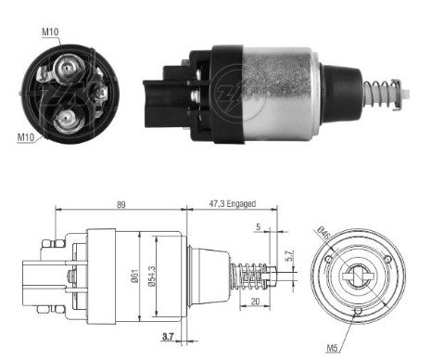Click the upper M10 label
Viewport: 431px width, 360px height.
coord(50,32)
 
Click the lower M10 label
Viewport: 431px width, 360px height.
coord(26,137)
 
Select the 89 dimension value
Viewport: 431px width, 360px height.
coord(120,205)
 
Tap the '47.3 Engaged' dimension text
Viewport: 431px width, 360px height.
coord(233,204)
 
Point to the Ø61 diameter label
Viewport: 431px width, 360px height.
coord(134,276)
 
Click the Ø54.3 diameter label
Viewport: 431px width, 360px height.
coord(151,276)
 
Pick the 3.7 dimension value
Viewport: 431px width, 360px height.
coord(168,336)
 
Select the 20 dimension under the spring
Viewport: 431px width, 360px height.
coord(255,302)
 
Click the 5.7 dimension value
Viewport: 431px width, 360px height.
coord(289,256)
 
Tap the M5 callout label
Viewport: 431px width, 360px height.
coord(333,349)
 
